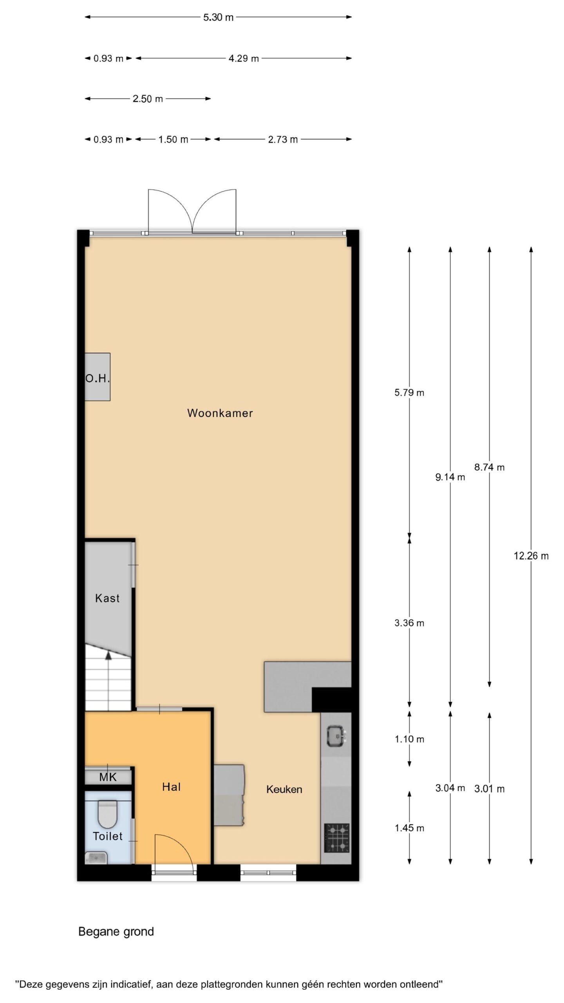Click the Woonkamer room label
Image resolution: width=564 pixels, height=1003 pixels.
[x=220, y=413]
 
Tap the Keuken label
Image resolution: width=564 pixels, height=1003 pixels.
[x=284, y=789]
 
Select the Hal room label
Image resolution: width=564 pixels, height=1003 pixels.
[x=171, y=787]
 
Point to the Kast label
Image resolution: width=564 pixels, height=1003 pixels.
[x=107, y=598]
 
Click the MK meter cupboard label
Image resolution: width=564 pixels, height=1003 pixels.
[x=108, y=777]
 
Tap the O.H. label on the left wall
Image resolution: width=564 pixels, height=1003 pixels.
[x=98, y=378]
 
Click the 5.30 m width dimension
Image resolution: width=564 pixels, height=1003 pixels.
[x=218, y=17]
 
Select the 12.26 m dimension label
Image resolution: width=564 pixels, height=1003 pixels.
[x=531, y=556]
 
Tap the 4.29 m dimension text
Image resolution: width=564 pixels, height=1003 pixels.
[x=244, y=59]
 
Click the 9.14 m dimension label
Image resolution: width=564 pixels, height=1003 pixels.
[x=450, y=477]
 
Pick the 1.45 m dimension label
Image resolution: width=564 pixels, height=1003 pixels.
[x=409, y=828]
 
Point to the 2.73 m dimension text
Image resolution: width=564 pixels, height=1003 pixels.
[x=283, y=139]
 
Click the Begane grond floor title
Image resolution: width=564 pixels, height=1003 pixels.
[x=116, y=932]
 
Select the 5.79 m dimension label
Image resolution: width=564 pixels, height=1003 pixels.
[x=409, y=393]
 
